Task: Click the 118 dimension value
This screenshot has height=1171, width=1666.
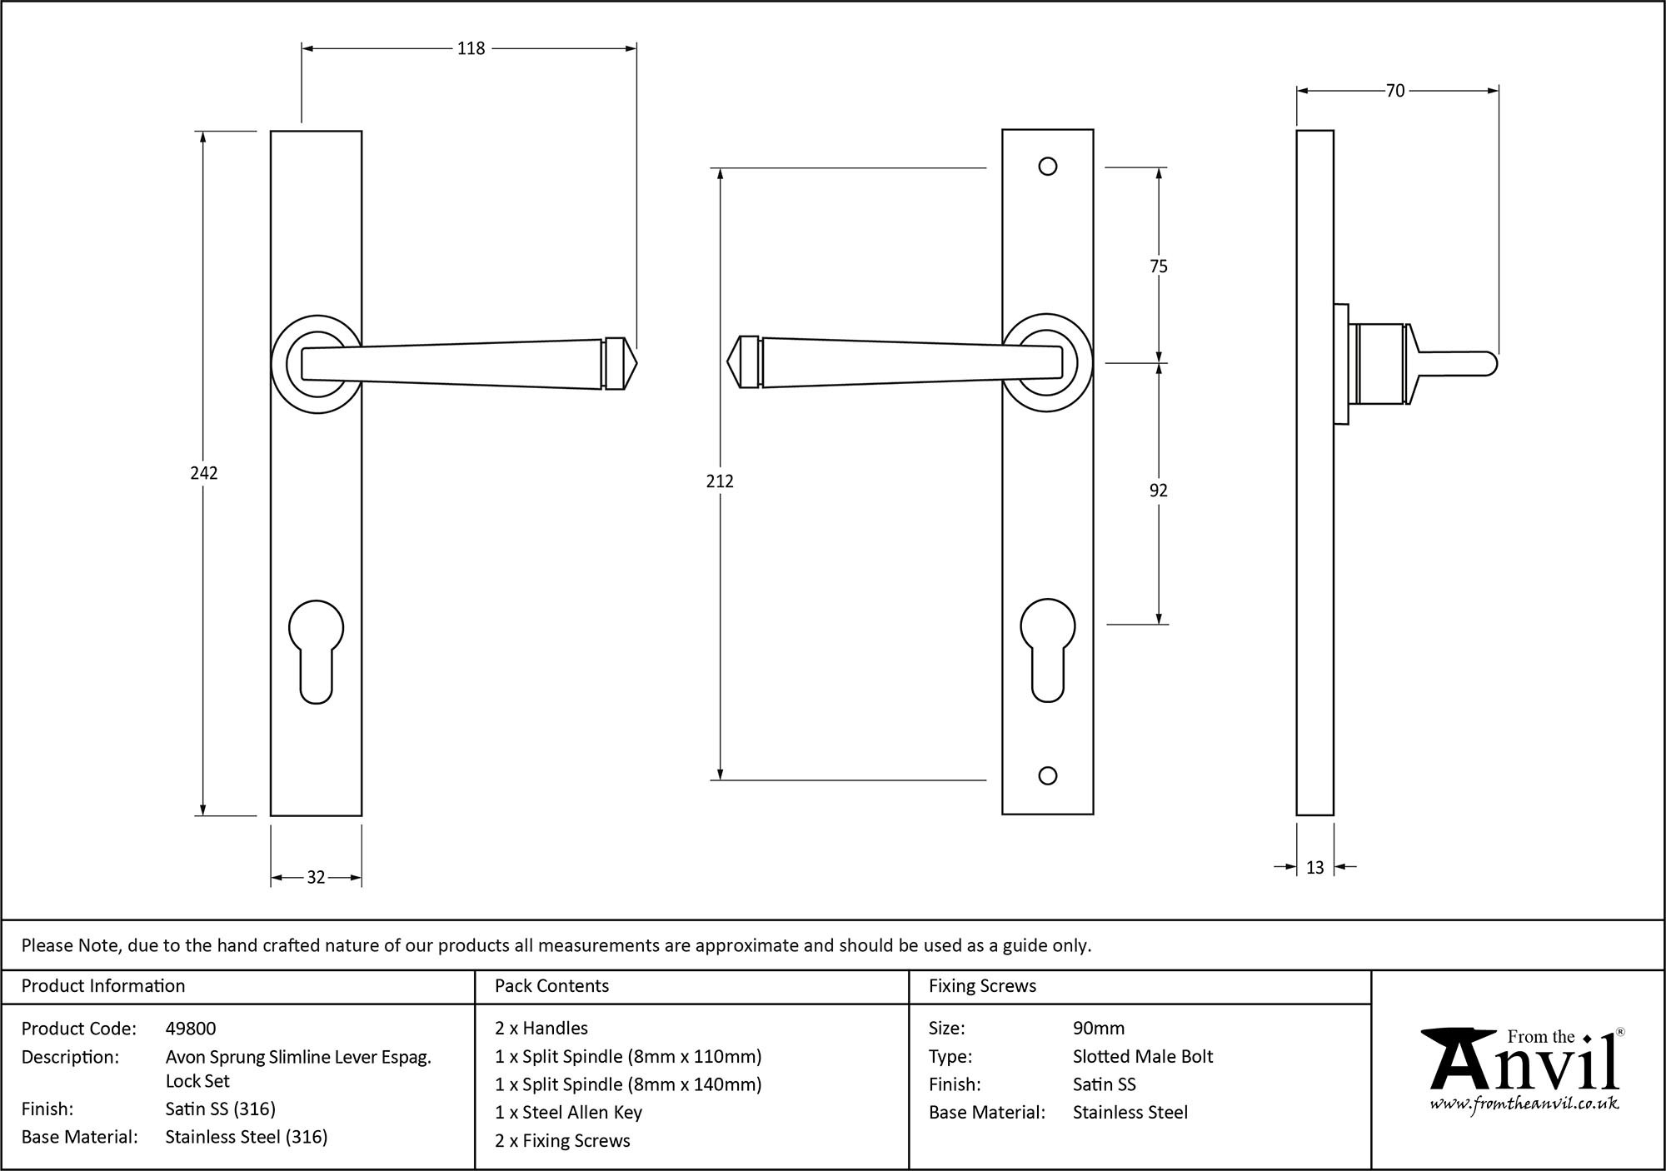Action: point(471,49)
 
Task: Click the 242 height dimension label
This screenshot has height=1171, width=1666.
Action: point(204,473)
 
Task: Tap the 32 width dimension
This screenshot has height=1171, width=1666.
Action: point(316,877)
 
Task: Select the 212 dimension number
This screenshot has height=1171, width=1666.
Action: point(720,481)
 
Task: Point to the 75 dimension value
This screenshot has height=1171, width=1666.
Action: point(1159,267)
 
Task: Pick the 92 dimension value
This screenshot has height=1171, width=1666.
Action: point(1159,491)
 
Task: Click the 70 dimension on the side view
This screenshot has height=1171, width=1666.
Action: point(1395,91)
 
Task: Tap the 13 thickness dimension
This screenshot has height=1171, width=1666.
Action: point(1314,868)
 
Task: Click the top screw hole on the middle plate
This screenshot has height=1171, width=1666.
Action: point(1048,167)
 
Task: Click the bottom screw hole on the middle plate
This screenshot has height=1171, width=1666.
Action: point(1048,776)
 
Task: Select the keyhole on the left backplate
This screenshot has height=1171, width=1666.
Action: point(316,650)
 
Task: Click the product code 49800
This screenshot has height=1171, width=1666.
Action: point(191,1029)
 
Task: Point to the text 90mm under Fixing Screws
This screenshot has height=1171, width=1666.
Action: point(1099,1029)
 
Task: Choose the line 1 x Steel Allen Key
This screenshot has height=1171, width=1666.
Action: point(568,1113)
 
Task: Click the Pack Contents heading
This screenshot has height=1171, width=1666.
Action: point(551,986)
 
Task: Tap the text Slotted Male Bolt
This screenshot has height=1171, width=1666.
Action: point(1143,1057)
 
